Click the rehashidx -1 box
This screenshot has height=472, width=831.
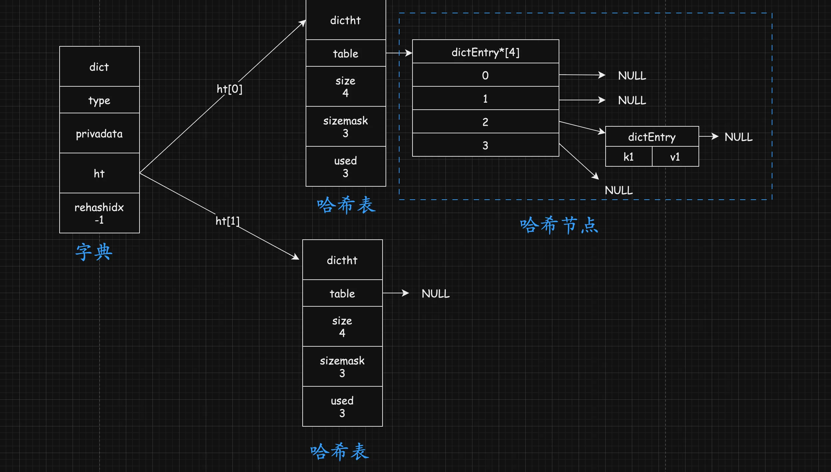click(x=99, y=213)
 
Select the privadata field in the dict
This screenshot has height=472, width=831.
click(x=99, y=133)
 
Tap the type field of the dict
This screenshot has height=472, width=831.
click(x=99, y=100)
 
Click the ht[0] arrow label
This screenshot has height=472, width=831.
click(x=229, y=89)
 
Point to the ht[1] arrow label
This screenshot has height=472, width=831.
click(x=227, y=221)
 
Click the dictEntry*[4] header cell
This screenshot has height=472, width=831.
click(x=485, y=52)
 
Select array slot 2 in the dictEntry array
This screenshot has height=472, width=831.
click(x=485, y=122)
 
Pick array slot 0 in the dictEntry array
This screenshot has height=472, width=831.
click(x=485, y=75)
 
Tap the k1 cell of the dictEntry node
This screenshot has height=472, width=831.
click(x=629, y=157)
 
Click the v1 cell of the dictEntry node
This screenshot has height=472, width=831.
click(x=675, y=157)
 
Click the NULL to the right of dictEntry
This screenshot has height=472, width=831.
click(x=738, y=137)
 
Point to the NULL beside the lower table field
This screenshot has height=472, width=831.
click(x=435, y=294)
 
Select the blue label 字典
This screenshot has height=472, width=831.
click(x=94, y=252)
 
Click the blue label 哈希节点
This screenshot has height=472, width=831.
click(x=559, y=225)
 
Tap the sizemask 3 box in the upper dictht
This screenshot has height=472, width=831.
click(x=346, y=127)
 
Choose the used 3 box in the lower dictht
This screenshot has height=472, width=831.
click(x=342, y=407)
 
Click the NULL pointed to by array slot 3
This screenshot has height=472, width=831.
click(x=619, y=190)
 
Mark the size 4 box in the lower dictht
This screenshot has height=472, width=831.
click(x=342, y=327)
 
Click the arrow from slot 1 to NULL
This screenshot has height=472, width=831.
click(x=582, y=100)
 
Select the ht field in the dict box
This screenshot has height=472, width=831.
click(x=99, y=173)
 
